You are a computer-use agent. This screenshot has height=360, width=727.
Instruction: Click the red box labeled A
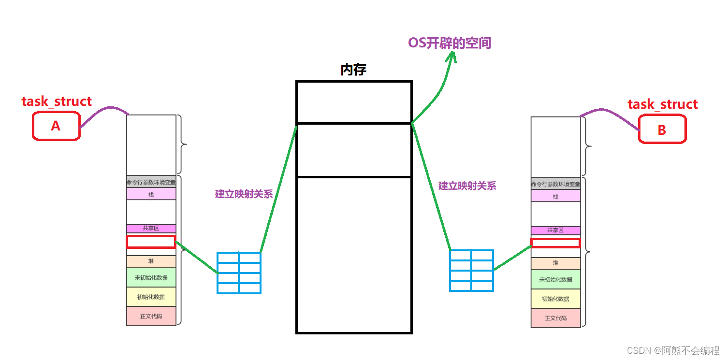click(x=56, y=126)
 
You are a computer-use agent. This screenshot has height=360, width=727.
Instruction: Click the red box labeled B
click(x=662, y=129)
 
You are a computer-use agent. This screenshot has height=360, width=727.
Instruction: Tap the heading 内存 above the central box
click(x=353, y=70)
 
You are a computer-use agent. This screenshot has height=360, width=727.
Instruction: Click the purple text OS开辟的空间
click(x=450, y=43)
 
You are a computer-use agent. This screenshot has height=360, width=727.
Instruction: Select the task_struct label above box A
click(x=57, y=101)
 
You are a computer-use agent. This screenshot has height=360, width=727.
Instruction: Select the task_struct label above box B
click(x=662, y=104)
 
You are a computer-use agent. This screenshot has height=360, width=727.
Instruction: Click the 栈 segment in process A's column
click(x=151, y=194)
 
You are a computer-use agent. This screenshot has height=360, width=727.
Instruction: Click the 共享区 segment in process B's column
click(x=555, y=230)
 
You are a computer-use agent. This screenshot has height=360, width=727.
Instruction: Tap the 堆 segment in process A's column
click(x=151, y=261)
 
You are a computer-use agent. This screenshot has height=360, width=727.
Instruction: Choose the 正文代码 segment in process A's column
click(x=151, y=316)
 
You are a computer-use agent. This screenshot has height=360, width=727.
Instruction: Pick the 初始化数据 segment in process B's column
click(x=555, y=299)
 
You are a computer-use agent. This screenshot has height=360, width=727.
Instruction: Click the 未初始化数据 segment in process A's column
click(x=151, y=278)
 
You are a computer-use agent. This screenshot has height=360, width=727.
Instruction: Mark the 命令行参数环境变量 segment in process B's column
click(x=555, y=184)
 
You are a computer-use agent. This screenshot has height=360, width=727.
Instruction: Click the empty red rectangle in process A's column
click(x=151, y=242)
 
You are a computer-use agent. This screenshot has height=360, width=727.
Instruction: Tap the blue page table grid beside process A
click(x=239, y=273)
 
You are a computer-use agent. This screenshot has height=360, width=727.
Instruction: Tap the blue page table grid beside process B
click(x=471, y=271)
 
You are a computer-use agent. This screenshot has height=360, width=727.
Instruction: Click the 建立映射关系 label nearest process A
click(x=244, y=194)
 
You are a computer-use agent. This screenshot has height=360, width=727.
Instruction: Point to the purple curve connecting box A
click(x=104, y=110)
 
